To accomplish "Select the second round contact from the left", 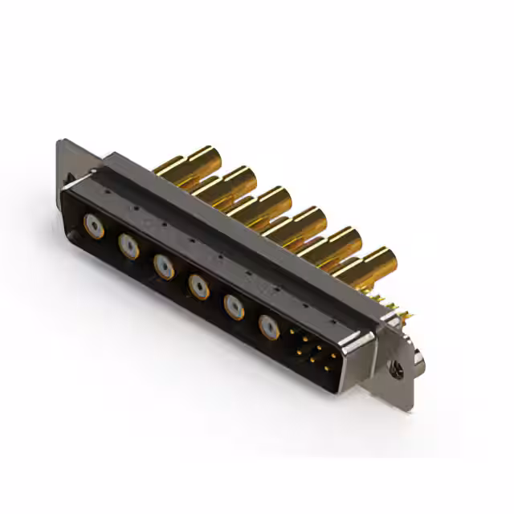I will point(129,247).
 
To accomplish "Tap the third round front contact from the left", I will point(164,266).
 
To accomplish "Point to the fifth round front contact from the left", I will point(234,306).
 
